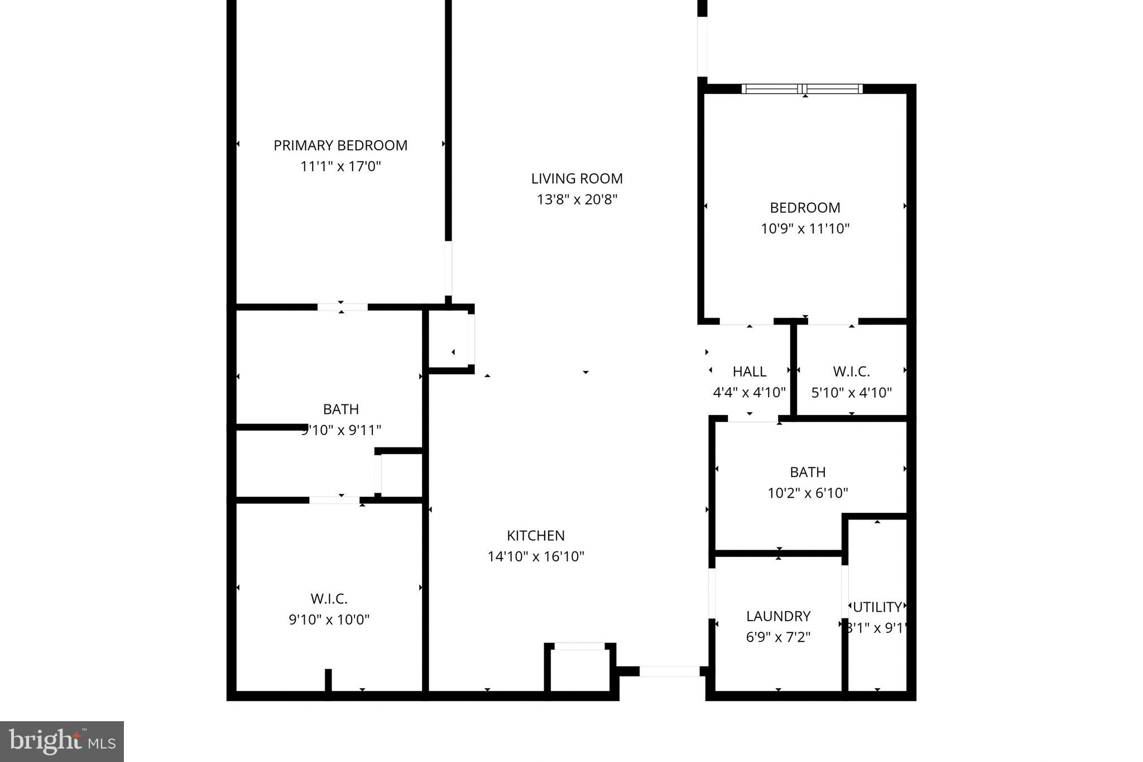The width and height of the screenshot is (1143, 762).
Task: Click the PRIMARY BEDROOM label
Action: (340, 145)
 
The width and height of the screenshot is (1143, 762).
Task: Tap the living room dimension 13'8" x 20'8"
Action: (577, 199)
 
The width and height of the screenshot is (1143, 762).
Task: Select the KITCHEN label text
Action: (535, 535)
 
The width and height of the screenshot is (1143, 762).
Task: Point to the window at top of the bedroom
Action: (802, 88)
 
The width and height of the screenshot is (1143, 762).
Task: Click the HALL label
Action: (749, 372)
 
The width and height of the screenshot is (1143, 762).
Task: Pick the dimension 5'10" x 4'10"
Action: (851, 393)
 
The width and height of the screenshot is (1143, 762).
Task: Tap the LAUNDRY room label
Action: (778, 616)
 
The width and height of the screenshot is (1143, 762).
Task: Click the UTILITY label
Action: (877, 607)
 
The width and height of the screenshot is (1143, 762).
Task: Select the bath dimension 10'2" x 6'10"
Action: (808, 493)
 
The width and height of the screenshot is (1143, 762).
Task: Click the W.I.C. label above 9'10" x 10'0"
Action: (329, 599)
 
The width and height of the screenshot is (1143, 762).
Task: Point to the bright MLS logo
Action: (62, 741)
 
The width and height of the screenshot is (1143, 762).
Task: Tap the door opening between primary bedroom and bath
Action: (342, 307)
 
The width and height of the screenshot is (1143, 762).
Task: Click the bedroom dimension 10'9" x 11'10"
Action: (805, 228)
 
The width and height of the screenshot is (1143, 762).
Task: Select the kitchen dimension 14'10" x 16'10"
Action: (535, 556)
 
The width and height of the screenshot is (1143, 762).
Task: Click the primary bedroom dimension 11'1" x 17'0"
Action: (340, 166)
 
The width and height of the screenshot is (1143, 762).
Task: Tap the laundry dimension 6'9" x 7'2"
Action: (778, 637)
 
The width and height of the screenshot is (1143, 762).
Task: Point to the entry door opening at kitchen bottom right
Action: (669, 671)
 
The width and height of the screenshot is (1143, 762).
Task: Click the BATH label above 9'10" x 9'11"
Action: (340, 409)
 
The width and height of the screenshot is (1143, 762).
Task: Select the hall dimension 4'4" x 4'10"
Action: (749, 393)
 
